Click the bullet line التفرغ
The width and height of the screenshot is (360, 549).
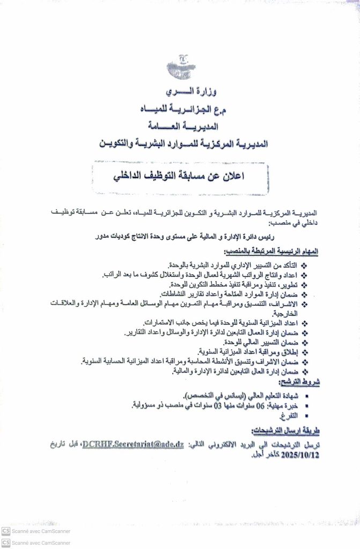coord(288,416)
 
